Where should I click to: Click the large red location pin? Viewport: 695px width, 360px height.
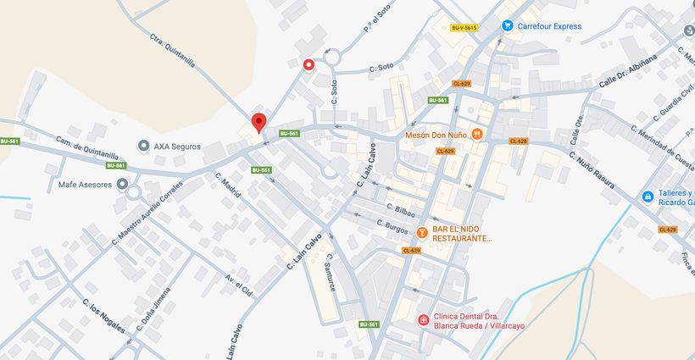pyautogui.click(x=259, y=123)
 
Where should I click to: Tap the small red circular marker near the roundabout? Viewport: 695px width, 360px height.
pyautogui.click(x=309, y=64)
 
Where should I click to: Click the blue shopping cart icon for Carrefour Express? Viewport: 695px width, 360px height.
pyautogui.click(x=508, y=26)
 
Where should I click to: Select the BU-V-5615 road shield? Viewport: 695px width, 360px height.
pyautogui.click(x=464, y=28)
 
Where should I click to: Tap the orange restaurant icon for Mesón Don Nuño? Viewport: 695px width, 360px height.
pyautogui.click(x=477, y=134)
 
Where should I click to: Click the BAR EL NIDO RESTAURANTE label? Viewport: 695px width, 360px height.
pyautogui.click(x=462, y=234)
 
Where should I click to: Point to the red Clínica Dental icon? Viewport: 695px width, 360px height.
pyautogui.click(x=423, y=319)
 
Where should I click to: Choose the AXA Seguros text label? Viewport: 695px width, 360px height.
pyautogui.click(x=177, y=146)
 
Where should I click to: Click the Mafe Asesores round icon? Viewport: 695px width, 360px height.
pyautogui.click(x=123, y=184)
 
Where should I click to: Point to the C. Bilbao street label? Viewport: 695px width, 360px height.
pyautogui.click(x=400, y=208)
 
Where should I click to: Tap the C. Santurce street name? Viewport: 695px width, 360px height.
pyautogui.click(x=331, y=273)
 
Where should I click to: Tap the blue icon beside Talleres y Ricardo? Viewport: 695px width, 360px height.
pyautogui.click(x=648, y=197)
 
